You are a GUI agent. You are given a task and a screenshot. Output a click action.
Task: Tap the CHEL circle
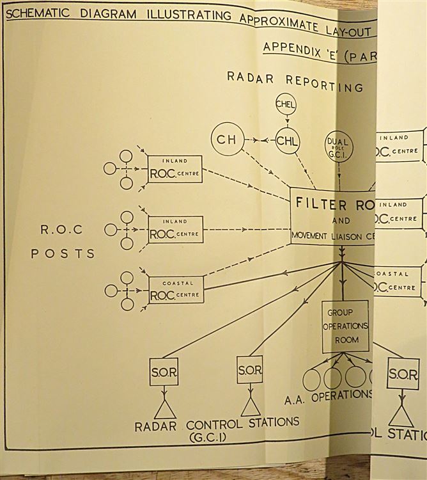click(x=286, y=104)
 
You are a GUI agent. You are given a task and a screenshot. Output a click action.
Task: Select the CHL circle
click(x=287, y=141)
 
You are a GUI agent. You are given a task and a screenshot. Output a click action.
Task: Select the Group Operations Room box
click(x=345, y=325)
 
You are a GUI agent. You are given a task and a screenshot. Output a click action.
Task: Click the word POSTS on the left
click(x=63, y=253)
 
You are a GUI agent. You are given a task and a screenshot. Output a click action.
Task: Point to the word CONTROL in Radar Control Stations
click(x=214, y=423)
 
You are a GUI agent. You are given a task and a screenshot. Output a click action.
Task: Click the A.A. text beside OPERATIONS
click(x=295, y=400)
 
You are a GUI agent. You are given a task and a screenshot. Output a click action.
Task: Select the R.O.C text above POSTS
click(x=62, y=230)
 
